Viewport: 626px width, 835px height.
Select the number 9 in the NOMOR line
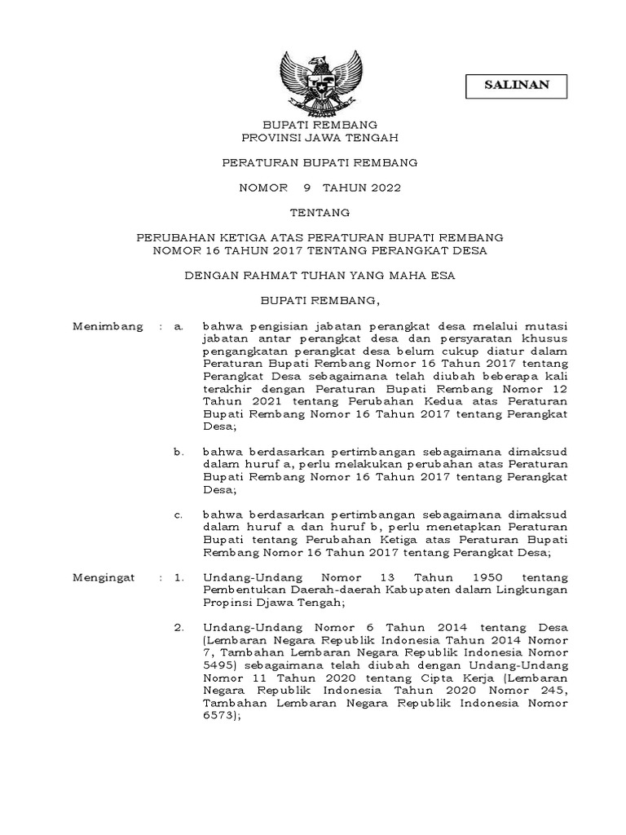pyautogui.click(x=306, y=188)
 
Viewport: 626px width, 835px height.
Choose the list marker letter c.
pyautogui.click(x=179, y=516)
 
